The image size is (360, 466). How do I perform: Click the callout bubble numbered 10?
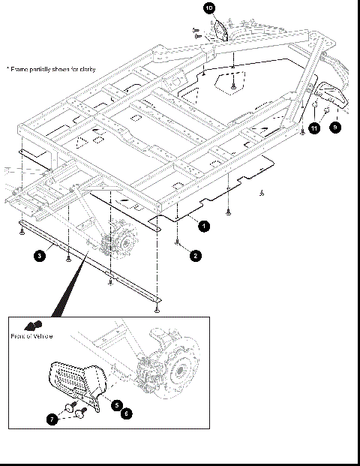tap(209, 8)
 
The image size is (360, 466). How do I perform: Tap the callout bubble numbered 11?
tap(313, 129)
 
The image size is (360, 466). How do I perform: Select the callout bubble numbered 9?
tap(335, 128)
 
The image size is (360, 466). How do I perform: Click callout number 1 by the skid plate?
tap(204, 224)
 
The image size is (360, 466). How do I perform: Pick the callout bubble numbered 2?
tap(194, 255)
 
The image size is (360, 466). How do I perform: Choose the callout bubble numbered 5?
tap(117, 404)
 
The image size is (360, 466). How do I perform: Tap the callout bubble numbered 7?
tap(52, 419)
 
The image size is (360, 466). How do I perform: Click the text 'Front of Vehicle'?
tap(31, 336)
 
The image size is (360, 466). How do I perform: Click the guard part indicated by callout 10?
tap(221, 31)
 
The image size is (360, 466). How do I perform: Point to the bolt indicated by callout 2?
tap(176, 242)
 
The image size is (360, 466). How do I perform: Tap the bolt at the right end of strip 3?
tap(156, 307)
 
